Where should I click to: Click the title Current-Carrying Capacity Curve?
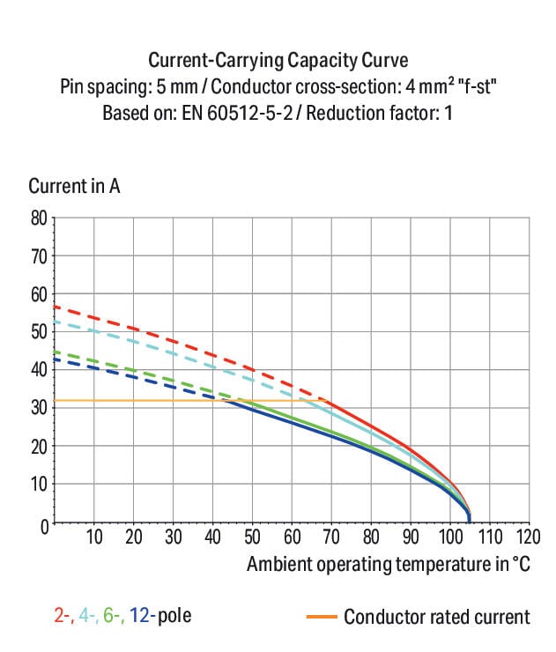(278, 60)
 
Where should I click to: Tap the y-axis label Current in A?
(74, 186)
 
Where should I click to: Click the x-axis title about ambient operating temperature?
(389, 564)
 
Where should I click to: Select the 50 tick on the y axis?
(39, 332)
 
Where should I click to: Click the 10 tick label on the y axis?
(39, 485)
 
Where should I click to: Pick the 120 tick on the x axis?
(528, 537)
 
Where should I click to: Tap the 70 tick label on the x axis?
(331, 537)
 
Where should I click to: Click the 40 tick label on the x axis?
(213, 537)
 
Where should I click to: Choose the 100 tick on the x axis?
(449, 537)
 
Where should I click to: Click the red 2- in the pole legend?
(63, 616)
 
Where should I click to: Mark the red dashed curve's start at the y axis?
(55, 307)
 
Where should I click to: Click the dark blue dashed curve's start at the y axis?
(55, 359)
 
